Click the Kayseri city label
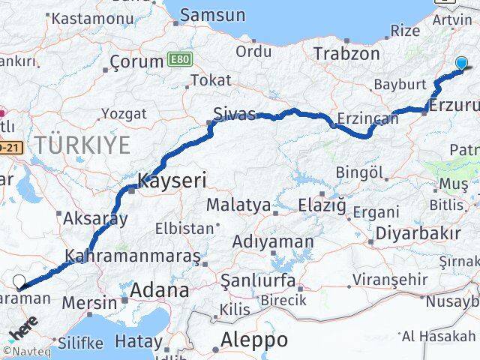[172, 180]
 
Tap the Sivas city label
[234, 114]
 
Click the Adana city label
[160, 291]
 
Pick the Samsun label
[213, 14]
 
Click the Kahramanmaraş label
[133, 256]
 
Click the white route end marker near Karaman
[19, 282]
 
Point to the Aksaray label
[95, 219]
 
